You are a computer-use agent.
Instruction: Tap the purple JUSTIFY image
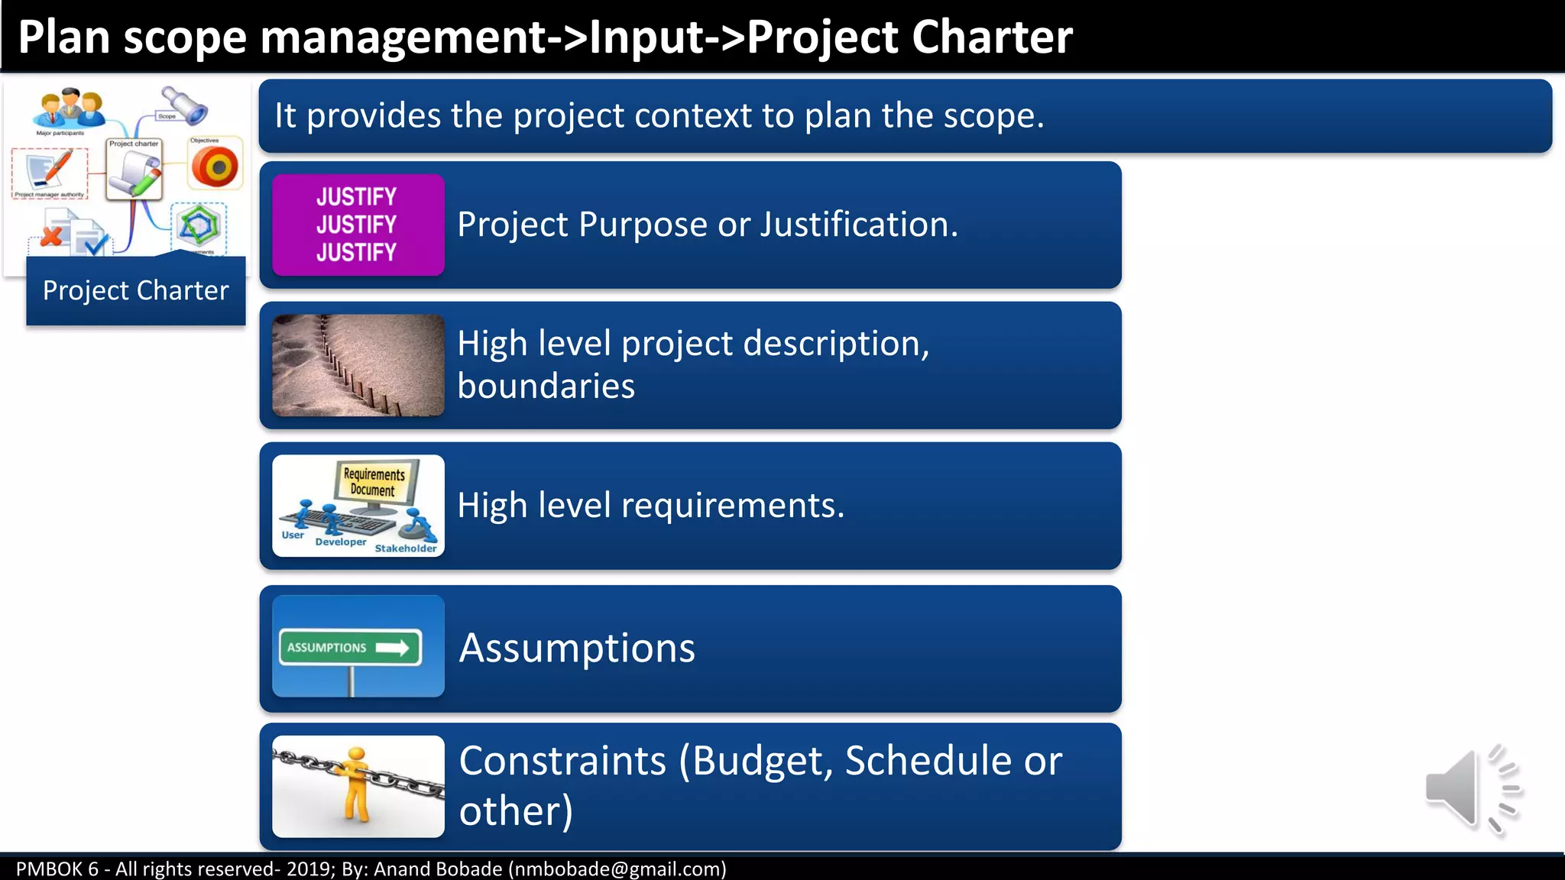pos(358,225)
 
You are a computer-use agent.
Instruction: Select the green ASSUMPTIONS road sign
pos(350,648)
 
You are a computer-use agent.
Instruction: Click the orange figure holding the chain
pos(355,784)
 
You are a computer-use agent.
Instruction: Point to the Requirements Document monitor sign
pos(374,483)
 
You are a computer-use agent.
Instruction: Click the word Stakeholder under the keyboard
pos(406,548)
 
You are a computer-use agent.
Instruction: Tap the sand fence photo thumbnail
pos(358,365)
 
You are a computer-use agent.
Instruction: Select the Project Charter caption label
pos(135,291)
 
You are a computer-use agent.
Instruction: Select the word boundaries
pos(546,387)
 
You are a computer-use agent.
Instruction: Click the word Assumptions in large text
pos(577,648)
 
